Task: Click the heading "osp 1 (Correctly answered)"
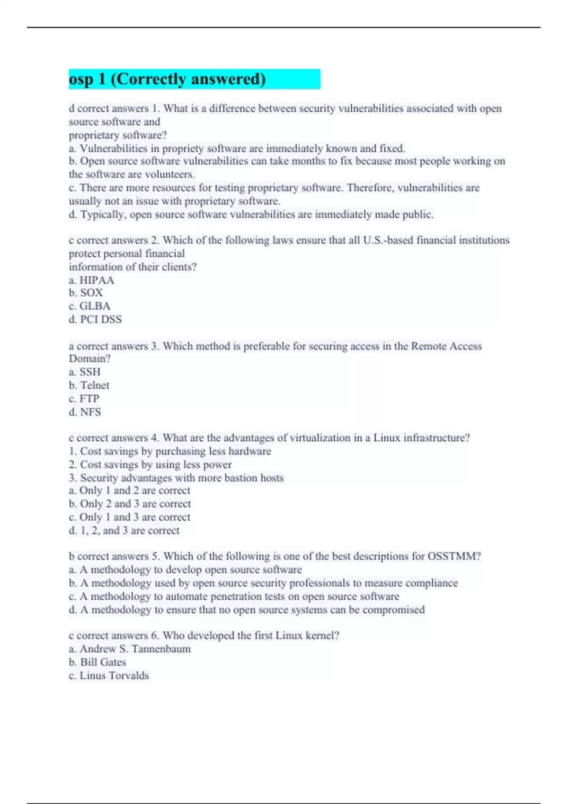[167, 79]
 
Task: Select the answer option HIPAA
[97, 280]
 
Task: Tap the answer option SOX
[91, 293]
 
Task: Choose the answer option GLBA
[95, 306]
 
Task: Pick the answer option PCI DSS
[101, 319]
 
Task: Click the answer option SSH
[90, 372]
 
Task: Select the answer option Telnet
[95, 385]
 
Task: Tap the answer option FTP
[89, 398]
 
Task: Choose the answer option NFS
[90, 412]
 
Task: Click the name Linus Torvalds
[114, 675]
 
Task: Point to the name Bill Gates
[103, 662]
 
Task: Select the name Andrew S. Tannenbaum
[135, 649]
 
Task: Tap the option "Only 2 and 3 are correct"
[135, 504]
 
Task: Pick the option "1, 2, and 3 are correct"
[130, 530]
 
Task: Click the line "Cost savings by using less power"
[156, 464]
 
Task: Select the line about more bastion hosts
[182, 478]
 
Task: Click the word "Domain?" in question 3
[89, 358]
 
